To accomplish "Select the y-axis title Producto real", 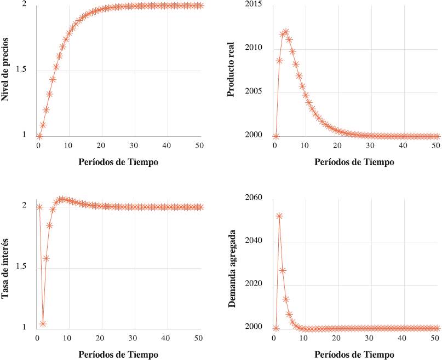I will [x=231, y=71].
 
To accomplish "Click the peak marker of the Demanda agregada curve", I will [x=279, y=216].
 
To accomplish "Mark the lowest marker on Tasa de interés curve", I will [x=43, y=324].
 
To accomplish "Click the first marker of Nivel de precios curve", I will [x=39, y=136].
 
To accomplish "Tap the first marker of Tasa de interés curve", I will [x=39, y=207].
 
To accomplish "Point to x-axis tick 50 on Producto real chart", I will [x=436, y=146].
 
